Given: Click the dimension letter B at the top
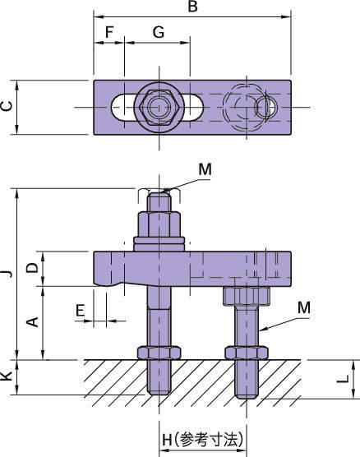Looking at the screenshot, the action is pyautogui.click(x=193, y=7).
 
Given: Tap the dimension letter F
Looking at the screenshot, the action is pyautogui.click(x=109, y=32).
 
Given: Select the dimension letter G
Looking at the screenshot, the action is pyautogui.click(x=159, y=32).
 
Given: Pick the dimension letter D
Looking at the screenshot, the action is pyautogui.click(x=32, y=268).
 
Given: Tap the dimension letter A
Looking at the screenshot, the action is pyautogui.click(x=32, y=321).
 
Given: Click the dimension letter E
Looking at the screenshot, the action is pyautogui.click(x=81, y=310).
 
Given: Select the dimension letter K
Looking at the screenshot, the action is pyautogui.click(x=7, y=376).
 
